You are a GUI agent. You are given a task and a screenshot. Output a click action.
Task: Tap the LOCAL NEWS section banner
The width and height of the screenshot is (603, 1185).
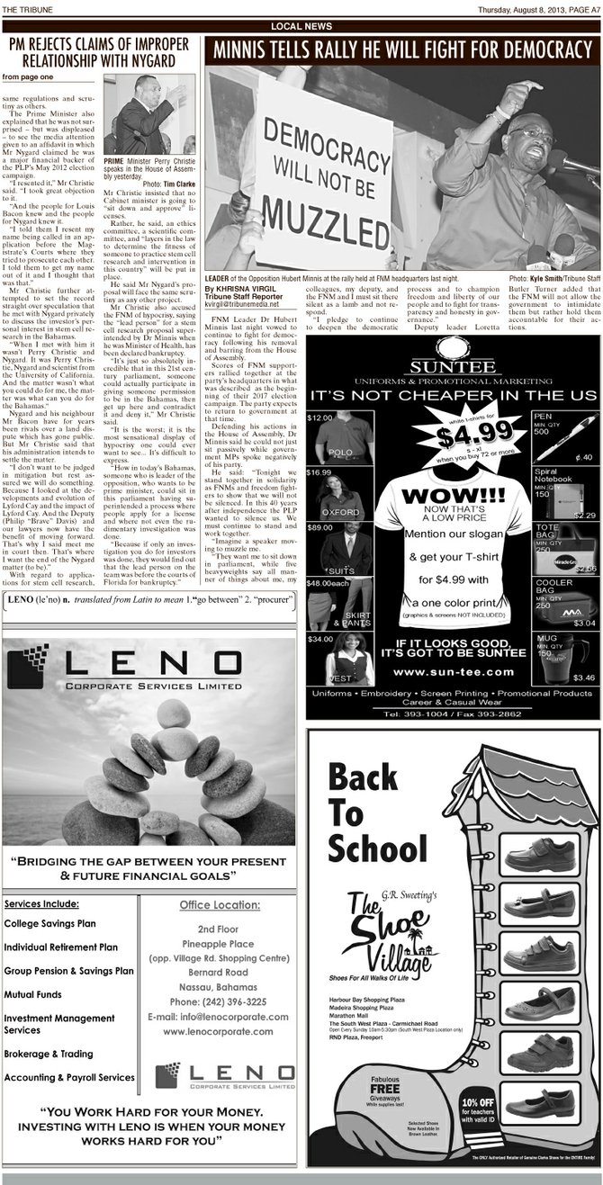coord(301,27)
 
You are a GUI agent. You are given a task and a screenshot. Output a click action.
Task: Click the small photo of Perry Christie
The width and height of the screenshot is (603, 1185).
coord(148,113)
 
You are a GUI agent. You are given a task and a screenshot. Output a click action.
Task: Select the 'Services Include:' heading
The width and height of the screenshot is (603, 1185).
coord(41,903)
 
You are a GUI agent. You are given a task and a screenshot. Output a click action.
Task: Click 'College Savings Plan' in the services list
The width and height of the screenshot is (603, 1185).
coord(50,923)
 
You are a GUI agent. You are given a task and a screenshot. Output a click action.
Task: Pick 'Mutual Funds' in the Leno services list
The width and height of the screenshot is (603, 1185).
coord(33,994)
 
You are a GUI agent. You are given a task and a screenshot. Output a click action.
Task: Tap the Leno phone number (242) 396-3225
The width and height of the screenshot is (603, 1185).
coord(219,1001)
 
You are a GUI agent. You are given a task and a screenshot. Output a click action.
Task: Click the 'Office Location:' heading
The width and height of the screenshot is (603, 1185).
coord(220,904)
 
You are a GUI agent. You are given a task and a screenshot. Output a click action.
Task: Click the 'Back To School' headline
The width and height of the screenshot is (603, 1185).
coord(377,811)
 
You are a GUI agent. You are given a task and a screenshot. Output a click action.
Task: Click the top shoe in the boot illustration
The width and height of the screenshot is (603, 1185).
coord(539,853)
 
